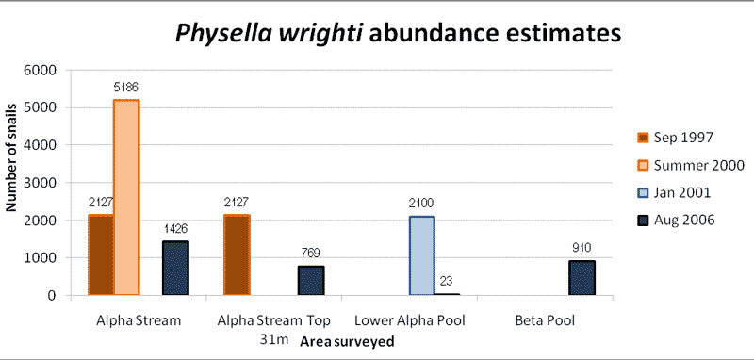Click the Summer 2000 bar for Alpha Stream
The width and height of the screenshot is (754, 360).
[126, 198]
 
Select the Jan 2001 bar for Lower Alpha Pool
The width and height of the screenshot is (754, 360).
[421, 255]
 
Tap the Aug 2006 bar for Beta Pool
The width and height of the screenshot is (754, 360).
[582, 278]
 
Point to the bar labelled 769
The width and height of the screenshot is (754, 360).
[312, 281]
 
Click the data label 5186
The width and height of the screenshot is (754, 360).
[125, 88]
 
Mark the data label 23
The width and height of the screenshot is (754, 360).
[448, 282]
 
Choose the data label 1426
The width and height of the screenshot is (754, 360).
[176, 229]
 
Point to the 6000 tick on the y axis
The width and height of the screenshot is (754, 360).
[42, 70]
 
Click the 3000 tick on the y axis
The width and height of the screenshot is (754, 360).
[42, 183]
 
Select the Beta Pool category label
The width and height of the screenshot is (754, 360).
[544, 321]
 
